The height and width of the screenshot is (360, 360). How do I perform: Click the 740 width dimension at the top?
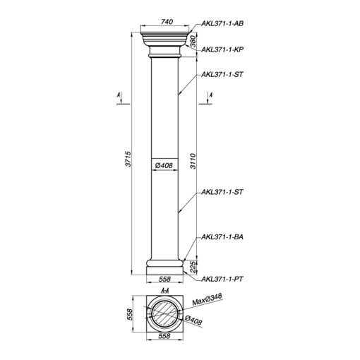coord(167,22)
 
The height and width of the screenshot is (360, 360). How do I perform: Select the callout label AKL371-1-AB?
coord(222,23)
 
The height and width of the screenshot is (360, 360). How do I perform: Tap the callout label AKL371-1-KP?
coord(222,49)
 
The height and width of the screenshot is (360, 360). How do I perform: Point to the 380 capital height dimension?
coord(193,42)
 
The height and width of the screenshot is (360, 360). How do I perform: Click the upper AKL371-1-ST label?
coord(222,75)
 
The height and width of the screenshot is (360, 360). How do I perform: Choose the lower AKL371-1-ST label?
coord(222,192)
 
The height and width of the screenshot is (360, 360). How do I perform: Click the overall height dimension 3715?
coord(128,159)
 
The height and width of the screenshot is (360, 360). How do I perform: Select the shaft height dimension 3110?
coord(193,161)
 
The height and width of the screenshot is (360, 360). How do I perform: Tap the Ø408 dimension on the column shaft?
coord(164,165)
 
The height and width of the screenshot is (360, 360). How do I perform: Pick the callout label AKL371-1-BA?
coord(222,237)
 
